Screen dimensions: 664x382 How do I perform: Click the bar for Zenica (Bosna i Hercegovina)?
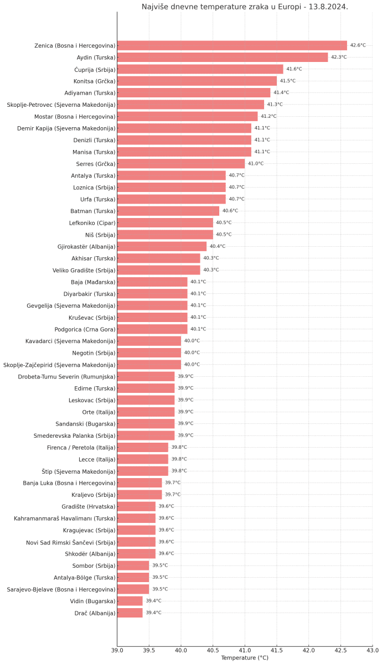232,45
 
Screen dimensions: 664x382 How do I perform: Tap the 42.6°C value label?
358,45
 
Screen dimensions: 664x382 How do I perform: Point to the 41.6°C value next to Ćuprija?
294,69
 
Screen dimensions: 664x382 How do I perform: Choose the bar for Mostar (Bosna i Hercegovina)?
187,116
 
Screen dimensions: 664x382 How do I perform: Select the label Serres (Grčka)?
96,164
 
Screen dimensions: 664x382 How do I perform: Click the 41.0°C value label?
256,164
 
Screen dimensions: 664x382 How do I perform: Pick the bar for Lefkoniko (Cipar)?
165,222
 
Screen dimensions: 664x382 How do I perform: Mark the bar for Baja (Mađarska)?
152,282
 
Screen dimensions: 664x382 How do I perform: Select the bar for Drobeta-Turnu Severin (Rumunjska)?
146,376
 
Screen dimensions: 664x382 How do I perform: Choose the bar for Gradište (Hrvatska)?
136,506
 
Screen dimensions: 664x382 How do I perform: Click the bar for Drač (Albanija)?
130,613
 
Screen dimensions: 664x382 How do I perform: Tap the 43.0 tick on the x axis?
372,650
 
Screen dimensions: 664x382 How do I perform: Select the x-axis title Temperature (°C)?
245,658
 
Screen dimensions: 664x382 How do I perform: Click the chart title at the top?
245,7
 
